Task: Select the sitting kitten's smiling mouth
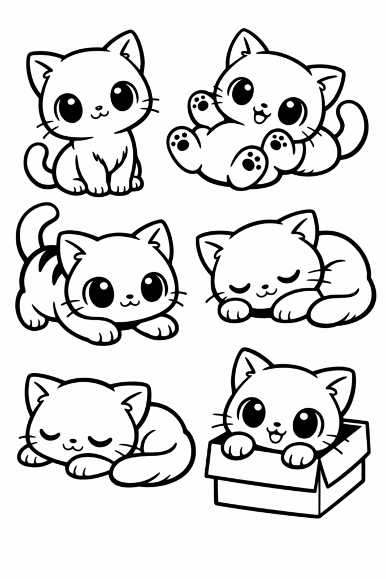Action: [99, 114]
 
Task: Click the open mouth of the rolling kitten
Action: [261, 118]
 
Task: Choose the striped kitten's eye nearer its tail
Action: [99, 292]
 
